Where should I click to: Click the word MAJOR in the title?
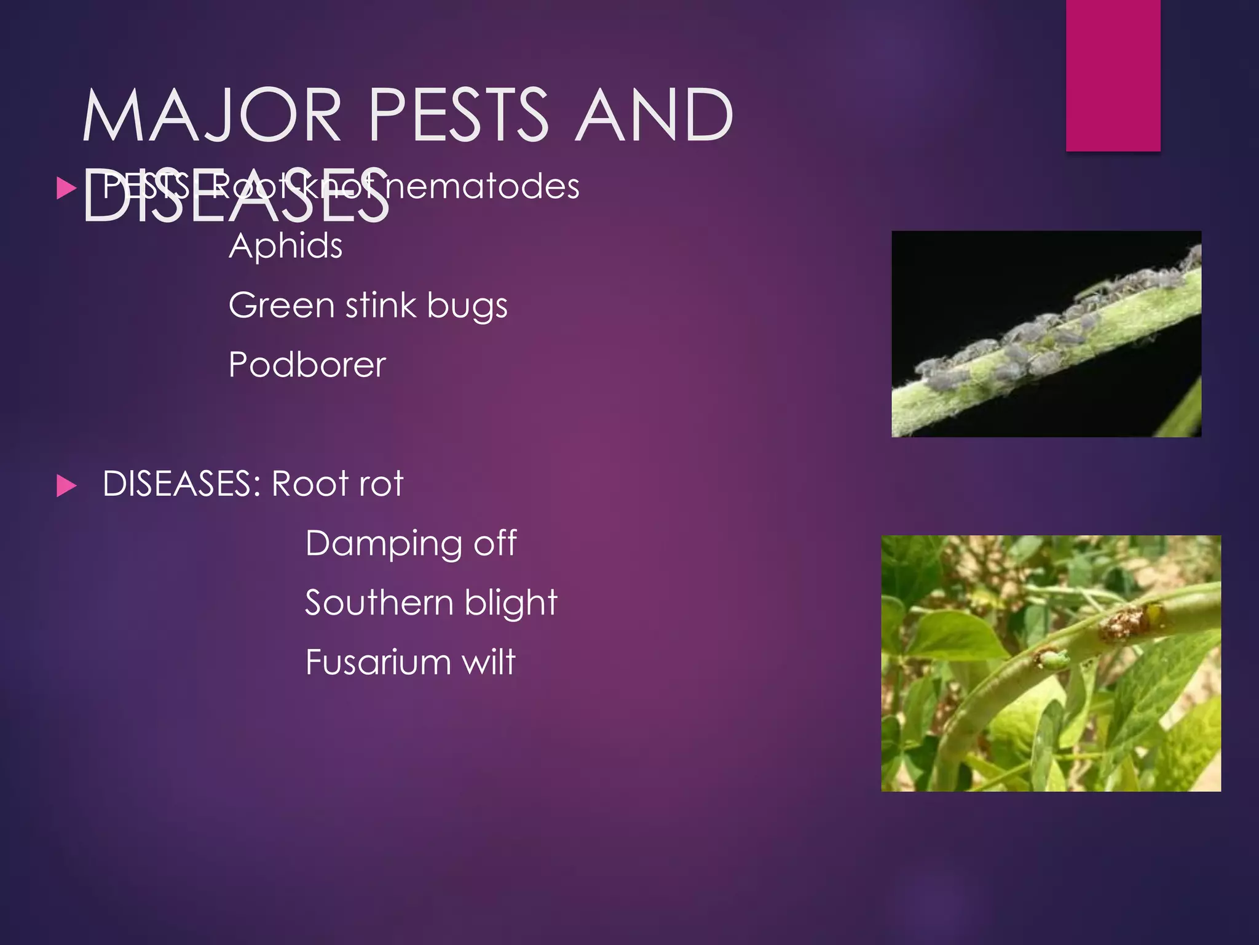click(x=212, y=115)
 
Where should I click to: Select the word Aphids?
click(x=285, y=246)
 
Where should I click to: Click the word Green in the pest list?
click(x=282, y=305)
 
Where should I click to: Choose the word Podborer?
click(x=307, y=364)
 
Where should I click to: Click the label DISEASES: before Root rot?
click(x=181, y=484)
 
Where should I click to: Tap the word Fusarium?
click(x=379, y=662)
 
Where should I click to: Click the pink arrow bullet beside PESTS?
click(x=66, y=188)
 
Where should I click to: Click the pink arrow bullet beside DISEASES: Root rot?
click(x=66, y=485)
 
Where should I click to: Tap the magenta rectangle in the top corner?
click(x=1113, y=75)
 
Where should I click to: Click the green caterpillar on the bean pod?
click(x=1051, y=661)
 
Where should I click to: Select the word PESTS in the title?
click(x=458, y=115)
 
